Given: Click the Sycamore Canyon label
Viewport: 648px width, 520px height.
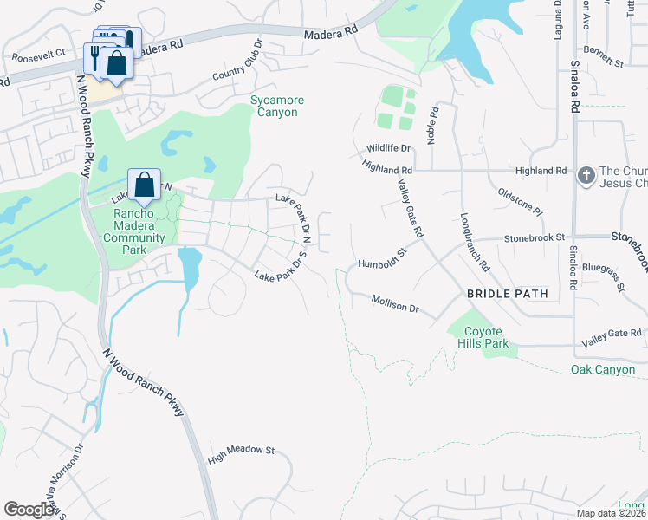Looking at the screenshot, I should [x=277, y=107].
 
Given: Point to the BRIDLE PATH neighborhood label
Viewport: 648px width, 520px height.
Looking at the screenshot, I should [x=508, y=294].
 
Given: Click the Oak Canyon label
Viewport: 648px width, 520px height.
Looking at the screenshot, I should [x=603, y=370].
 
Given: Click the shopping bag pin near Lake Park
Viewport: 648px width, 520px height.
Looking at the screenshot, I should [x=144, y=185].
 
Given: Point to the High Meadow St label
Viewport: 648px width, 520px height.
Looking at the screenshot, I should [x=241, y=452].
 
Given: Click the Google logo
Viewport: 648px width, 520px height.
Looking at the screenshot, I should [x=29, y=509].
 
